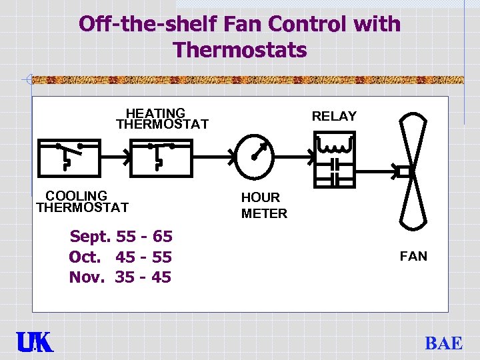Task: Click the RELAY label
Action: point(334,116)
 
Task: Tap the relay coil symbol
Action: point(335,143)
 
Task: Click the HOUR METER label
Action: point(264,205)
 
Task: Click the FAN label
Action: point(413,256)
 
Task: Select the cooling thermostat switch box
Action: point(69,157)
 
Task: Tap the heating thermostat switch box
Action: point(160,157)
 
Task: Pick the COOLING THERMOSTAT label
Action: point(81,201)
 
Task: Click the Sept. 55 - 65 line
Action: point(121,237)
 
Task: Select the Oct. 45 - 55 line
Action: point(120,257)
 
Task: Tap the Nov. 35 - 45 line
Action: point(120,277)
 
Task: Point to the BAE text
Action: point(443,343)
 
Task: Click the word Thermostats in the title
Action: point(239,49)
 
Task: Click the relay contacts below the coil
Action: point(335,171)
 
